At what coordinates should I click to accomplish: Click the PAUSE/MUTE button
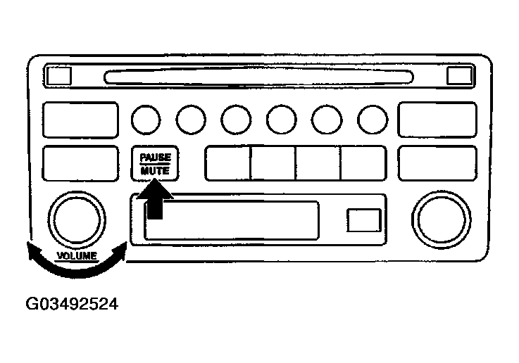tap(155, 163)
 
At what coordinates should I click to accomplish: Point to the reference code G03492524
tap(71, 305)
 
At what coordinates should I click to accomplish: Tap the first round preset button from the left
tap(145, 120)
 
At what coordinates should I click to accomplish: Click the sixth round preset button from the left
tap(373, 120)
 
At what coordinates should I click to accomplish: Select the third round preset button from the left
tap(236, 120)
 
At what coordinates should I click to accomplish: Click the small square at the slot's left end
tap(58, 73)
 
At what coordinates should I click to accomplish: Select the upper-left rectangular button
tap(80, 120)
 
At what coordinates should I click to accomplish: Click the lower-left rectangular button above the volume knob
tap(80, 163)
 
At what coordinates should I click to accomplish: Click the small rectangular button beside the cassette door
tap(363, 220)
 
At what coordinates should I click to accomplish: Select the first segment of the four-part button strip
tap(227, 163)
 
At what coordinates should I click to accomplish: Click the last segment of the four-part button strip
tap(363, 163)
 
